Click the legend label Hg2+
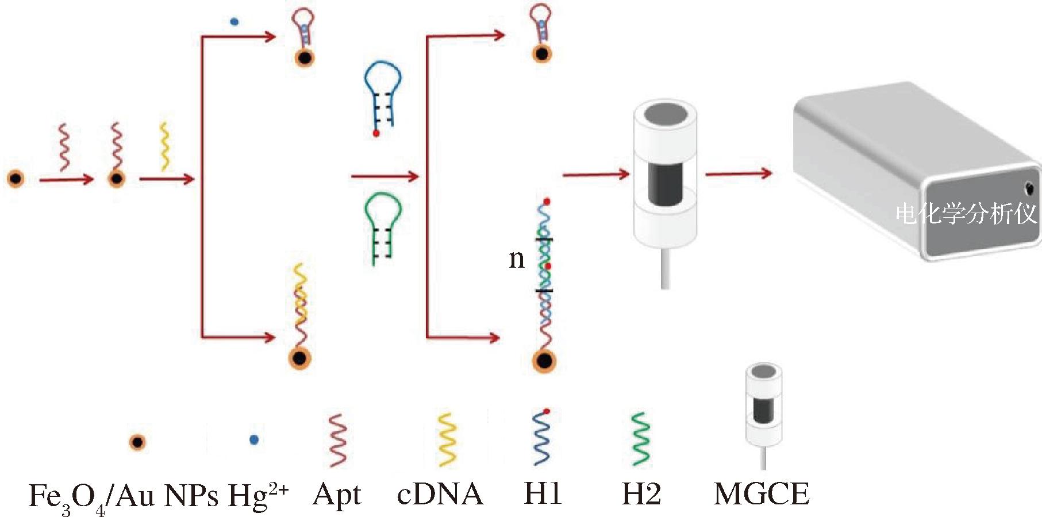[x=258, y=495]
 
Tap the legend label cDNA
[x=440, y=494]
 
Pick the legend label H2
[x=641, y=494]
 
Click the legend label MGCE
[x=762, y=494]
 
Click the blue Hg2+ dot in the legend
[x=254, y=440]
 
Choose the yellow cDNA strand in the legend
[x=447, y=439]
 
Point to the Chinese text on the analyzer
[x=966, y=214]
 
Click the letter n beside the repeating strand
[x=517, y=259]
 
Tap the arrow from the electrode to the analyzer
[x=738, y=173]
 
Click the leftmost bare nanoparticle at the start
[x=16, y=179]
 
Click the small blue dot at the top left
[x=234, y=22]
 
